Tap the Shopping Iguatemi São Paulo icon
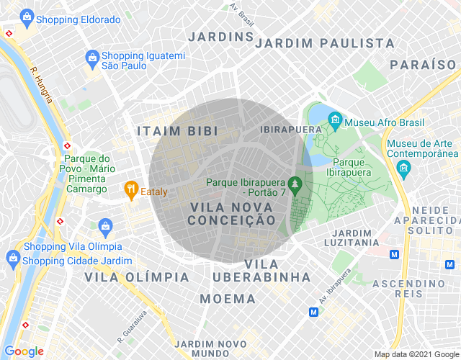pos(91,57)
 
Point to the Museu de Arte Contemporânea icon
pos(403,169)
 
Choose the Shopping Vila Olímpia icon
pos(106,227)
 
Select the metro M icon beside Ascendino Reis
pos(394,254)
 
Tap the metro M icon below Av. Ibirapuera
pos(313,312)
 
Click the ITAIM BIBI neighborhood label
pos(177,131)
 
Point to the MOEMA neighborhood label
pos(228,298)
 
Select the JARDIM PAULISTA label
pos(325,43)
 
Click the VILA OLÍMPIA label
pos(137,276)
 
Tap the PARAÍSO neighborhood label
pos(423,64)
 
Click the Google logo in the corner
pos(23,351)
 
